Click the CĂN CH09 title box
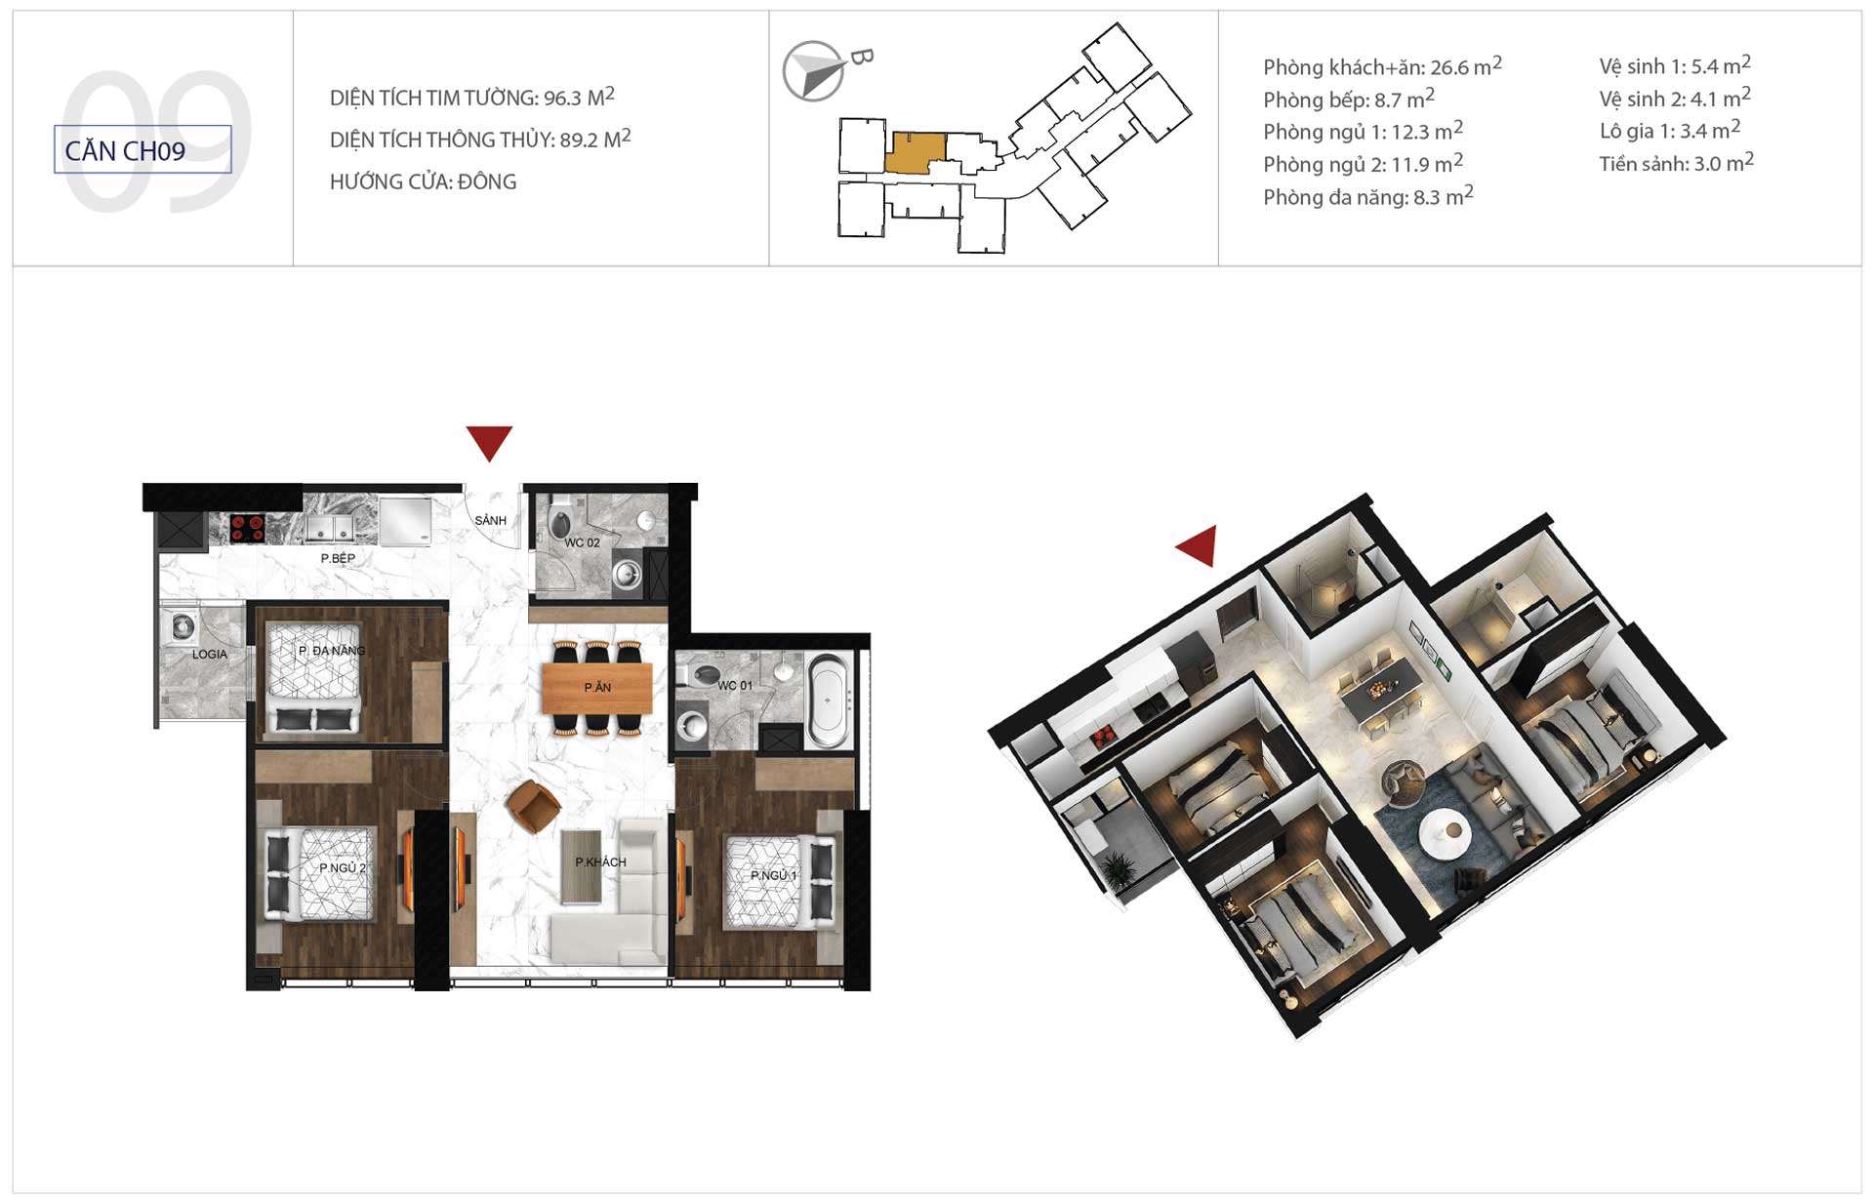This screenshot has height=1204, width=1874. (143, 149)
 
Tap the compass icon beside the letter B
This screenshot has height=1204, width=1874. (813, 71)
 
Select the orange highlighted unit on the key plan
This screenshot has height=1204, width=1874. (915, 153)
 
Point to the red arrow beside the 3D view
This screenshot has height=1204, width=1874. (1199, 545)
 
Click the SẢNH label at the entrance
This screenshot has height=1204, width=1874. (491, 520)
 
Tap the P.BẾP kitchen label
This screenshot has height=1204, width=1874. (338, 558)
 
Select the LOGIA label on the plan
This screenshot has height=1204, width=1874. (210, 654)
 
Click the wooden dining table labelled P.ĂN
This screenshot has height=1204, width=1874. (597, 688)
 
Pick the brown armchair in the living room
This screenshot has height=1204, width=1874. (533, 807)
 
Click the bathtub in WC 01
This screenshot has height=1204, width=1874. (828, 701)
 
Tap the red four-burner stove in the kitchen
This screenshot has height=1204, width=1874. (247, 528)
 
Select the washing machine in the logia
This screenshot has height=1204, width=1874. (183, 626)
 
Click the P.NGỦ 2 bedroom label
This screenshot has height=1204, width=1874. (343, 867)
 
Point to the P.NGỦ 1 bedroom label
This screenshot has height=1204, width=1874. (774, 875)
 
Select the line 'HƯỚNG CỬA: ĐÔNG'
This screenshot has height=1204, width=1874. (423, 181)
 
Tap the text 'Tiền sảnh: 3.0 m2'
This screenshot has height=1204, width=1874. (1676, 163)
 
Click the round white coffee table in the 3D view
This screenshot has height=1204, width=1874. (1446, 831)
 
